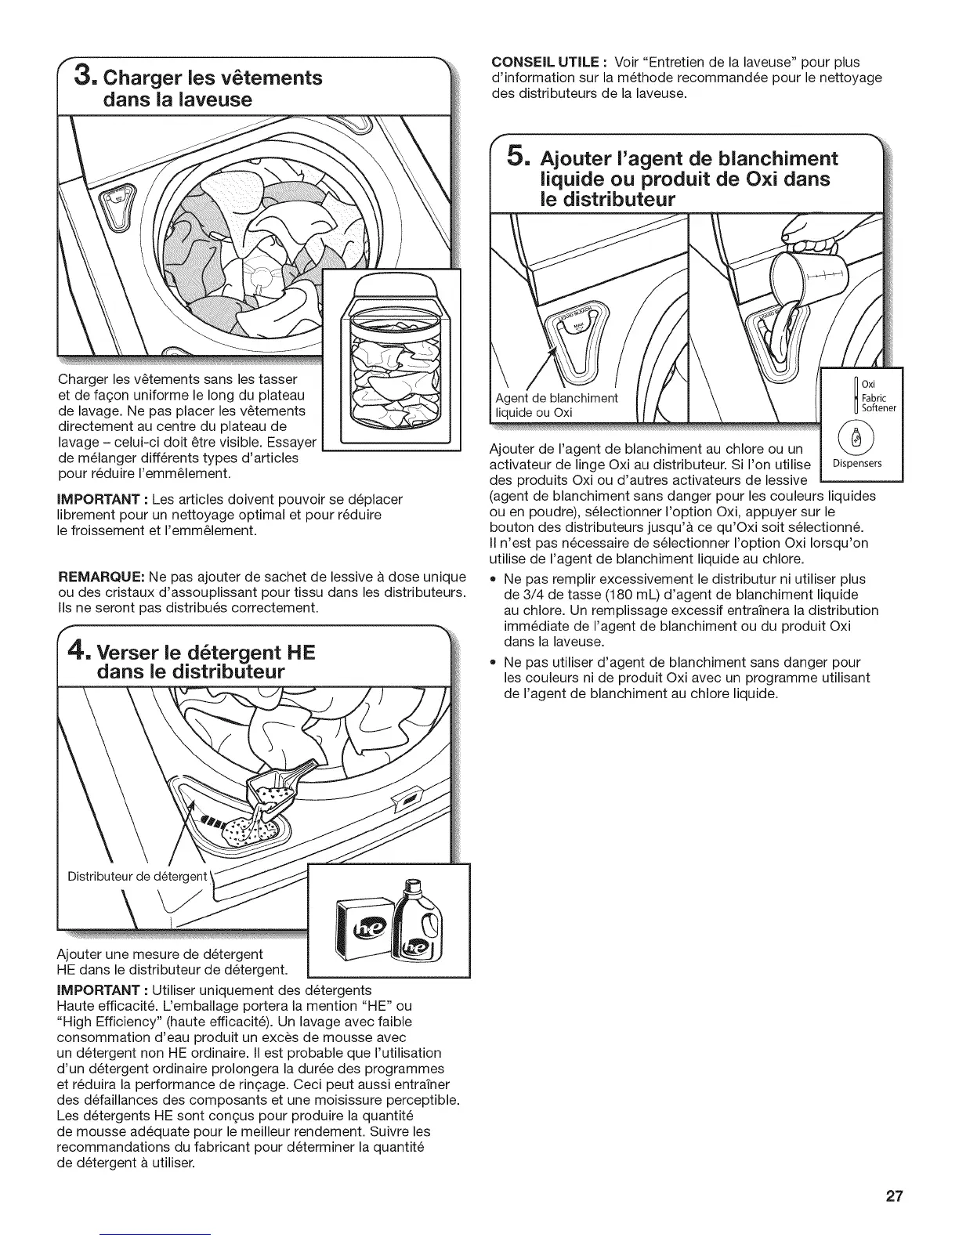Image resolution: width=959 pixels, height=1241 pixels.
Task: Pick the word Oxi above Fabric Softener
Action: click(x=868, y=383)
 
